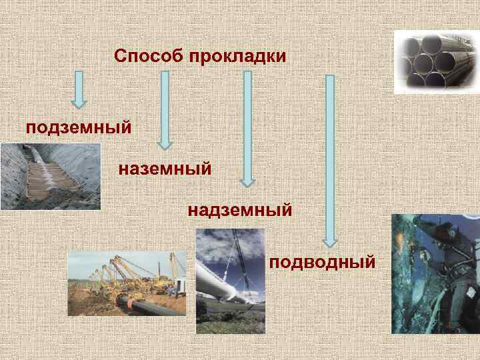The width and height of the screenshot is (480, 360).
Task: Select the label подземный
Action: pos(77,127)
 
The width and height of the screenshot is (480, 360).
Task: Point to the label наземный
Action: pos(165,169)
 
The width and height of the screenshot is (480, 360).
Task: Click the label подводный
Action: pos(323,261)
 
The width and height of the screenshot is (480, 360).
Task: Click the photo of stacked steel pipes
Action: pos(436,61)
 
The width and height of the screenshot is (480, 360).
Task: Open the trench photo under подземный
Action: pos(50,177)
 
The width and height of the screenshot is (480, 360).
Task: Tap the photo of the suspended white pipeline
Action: pos(230,281)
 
